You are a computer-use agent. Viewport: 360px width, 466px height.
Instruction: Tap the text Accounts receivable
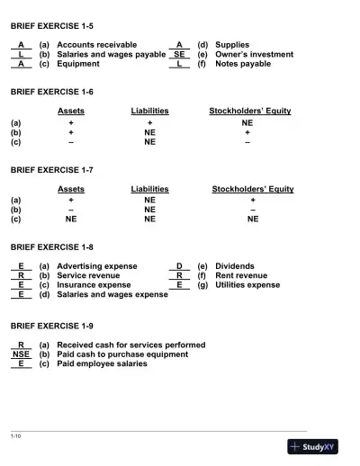[96, 44]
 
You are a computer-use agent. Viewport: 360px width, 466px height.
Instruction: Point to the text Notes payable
[242, 64]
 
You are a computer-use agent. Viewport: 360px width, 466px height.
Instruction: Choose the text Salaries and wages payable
[111, 54]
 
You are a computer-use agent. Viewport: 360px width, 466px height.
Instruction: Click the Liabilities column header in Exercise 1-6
[149, 111]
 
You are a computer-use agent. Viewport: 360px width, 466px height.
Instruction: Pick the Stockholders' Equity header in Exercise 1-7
[252, 190]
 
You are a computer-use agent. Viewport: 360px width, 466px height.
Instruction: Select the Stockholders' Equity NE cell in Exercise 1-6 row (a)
[247, 121]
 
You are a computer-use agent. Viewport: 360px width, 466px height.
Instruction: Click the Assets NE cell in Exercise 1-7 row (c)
[71, 219]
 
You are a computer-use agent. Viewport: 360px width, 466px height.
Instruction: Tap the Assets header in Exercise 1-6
[71, 111]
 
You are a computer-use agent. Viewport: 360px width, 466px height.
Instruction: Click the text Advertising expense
[97, 266]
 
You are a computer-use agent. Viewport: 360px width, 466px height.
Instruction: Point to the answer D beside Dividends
[179, 266]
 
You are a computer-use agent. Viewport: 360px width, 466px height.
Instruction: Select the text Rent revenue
[241, 275]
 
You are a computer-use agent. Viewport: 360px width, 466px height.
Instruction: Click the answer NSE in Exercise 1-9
[21, 354]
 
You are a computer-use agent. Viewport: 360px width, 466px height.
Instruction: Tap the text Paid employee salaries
[102, 364]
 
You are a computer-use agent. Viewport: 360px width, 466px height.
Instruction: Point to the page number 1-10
[16, 436]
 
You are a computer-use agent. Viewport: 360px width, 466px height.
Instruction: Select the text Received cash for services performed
[130, 345]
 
